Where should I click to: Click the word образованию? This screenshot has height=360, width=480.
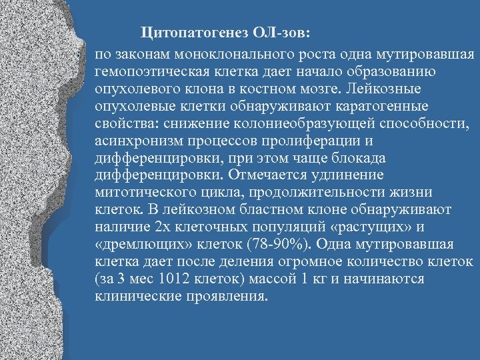point(395,71)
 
